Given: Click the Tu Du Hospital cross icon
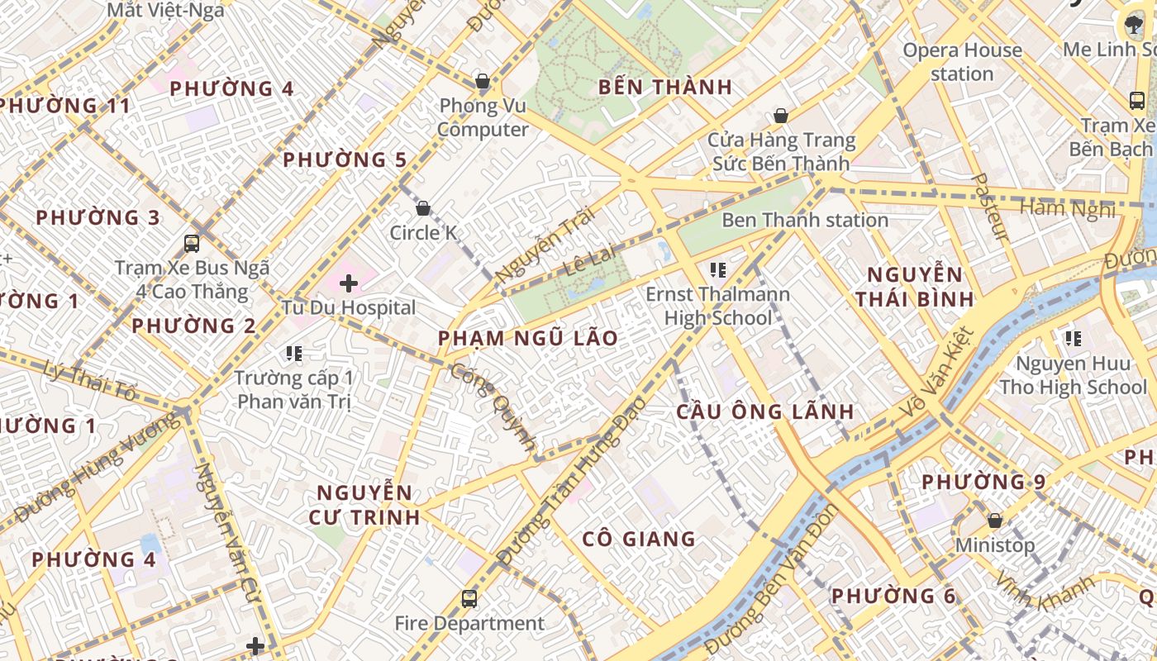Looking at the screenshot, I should (x=349, y=283).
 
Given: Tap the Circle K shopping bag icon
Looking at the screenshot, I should (x=423, y=208).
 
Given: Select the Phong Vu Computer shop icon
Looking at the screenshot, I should (x=483, y=81).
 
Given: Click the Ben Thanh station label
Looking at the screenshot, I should (x=805, y=220).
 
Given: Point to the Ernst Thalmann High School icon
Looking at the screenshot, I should (x=717, y=269).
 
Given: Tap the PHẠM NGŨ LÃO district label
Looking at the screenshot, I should (x=528, y=338).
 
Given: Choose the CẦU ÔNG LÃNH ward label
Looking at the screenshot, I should (x=765, y=411).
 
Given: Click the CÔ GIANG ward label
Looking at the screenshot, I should (x=639, y=539).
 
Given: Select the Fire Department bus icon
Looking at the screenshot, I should (x=469, y=598).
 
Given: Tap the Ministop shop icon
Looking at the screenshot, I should (x=995, y=521).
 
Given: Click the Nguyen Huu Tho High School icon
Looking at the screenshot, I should (x=1073, y=338).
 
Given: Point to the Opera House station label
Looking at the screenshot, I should (x=962, y=62).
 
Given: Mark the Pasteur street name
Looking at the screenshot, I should (x=988, y=207).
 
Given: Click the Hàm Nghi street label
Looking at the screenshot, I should (x=1067, y=208).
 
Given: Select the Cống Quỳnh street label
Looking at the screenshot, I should (x=494, y=405).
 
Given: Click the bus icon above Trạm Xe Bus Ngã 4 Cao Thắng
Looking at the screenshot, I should (x=192, y=244).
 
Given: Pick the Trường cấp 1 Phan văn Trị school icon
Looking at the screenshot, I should (x=293, y=354).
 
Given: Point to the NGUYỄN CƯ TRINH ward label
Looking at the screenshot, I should (x=364, y=505).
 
